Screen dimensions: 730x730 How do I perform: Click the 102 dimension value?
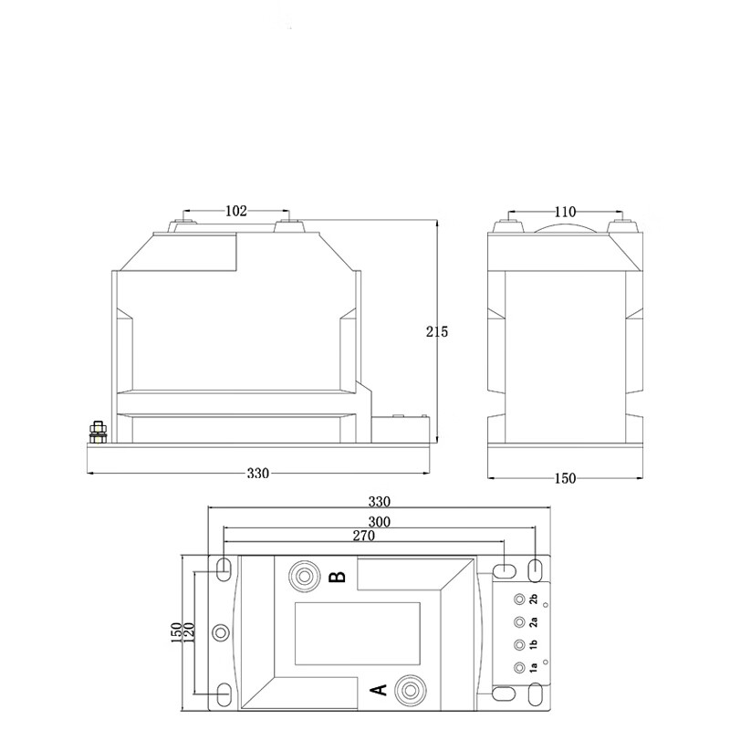236,211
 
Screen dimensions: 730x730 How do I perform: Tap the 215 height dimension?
437,331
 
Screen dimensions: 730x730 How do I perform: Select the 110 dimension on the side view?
565,212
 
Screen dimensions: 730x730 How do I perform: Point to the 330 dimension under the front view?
258,473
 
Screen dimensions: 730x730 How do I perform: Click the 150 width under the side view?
565,478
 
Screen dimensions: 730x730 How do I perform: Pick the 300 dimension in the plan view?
379,522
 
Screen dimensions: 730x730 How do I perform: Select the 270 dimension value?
363,536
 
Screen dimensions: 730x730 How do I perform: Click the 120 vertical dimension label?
190,633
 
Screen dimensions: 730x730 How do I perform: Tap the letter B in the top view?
338,577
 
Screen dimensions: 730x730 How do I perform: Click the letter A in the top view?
379,690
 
